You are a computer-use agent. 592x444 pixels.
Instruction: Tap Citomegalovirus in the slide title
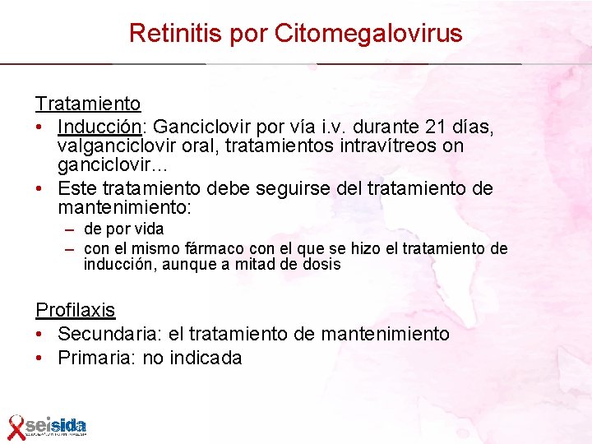[368, 34]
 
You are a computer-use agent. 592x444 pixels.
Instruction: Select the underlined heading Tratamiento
[88, 104]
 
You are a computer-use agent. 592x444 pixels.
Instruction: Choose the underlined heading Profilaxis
[75, 310]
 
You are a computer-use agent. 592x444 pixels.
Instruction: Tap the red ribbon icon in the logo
[16, 426]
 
